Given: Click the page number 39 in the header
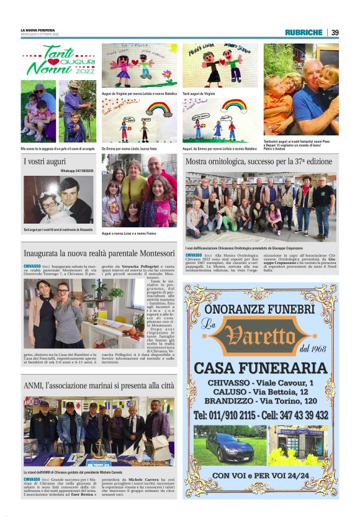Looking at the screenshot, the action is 335,32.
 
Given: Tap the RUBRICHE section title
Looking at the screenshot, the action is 304,32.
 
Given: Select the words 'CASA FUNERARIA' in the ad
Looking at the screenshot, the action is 261,368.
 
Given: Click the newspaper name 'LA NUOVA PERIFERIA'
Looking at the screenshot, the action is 38,30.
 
